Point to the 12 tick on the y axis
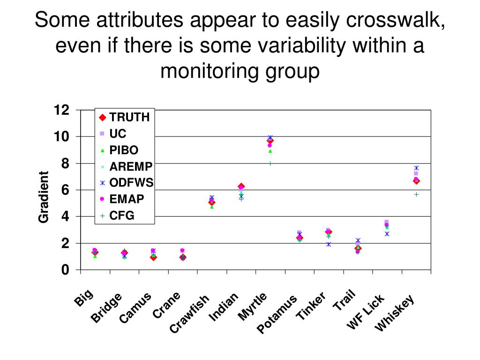pyautogui.click(x=62, y=110)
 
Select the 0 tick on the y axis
pyautogui.click(x=65, y=270)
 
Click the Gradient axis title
pyautogui.click(x=44, y=197)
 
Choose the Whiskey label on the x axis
pyautogui.click(x=395, y=313)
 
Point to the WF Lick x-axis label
pyautogui.click(x=365, y=311)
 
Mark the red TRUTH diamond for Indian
pyautogui.click(x=241, y=187)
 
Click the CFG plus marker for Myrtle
pyautogui.click(x=270, y=163)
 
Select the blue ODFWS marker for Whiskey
pyautogui.click(x=416, y=168)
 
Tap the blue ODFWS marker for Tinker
pyautogui.click(x=329, y=244)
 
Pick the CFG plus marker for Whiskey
pyautogui.click(x=416, y=194)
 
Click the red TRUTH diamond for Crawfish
pyautogui.click(x=212, y=202)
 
